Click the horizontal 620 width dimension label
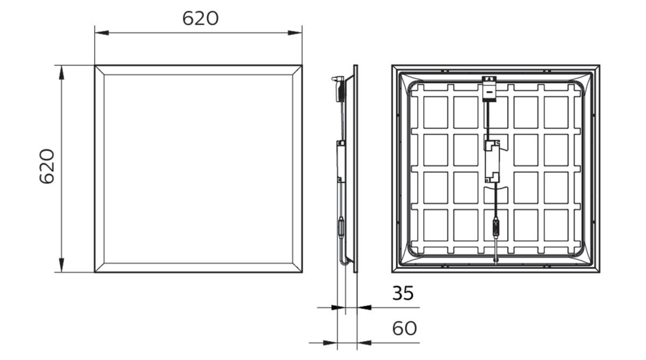[200, 18]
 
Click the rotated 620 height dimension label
[47, 167]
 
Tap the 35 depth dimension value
[403, 293]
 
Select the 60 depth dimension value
[404, 328]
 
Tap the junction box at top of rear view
[489, 88]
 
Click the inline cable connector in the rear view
[495, 225]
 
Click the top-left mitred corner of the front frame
[100, 70]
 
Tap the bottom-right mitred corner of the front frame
[297, 267]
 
